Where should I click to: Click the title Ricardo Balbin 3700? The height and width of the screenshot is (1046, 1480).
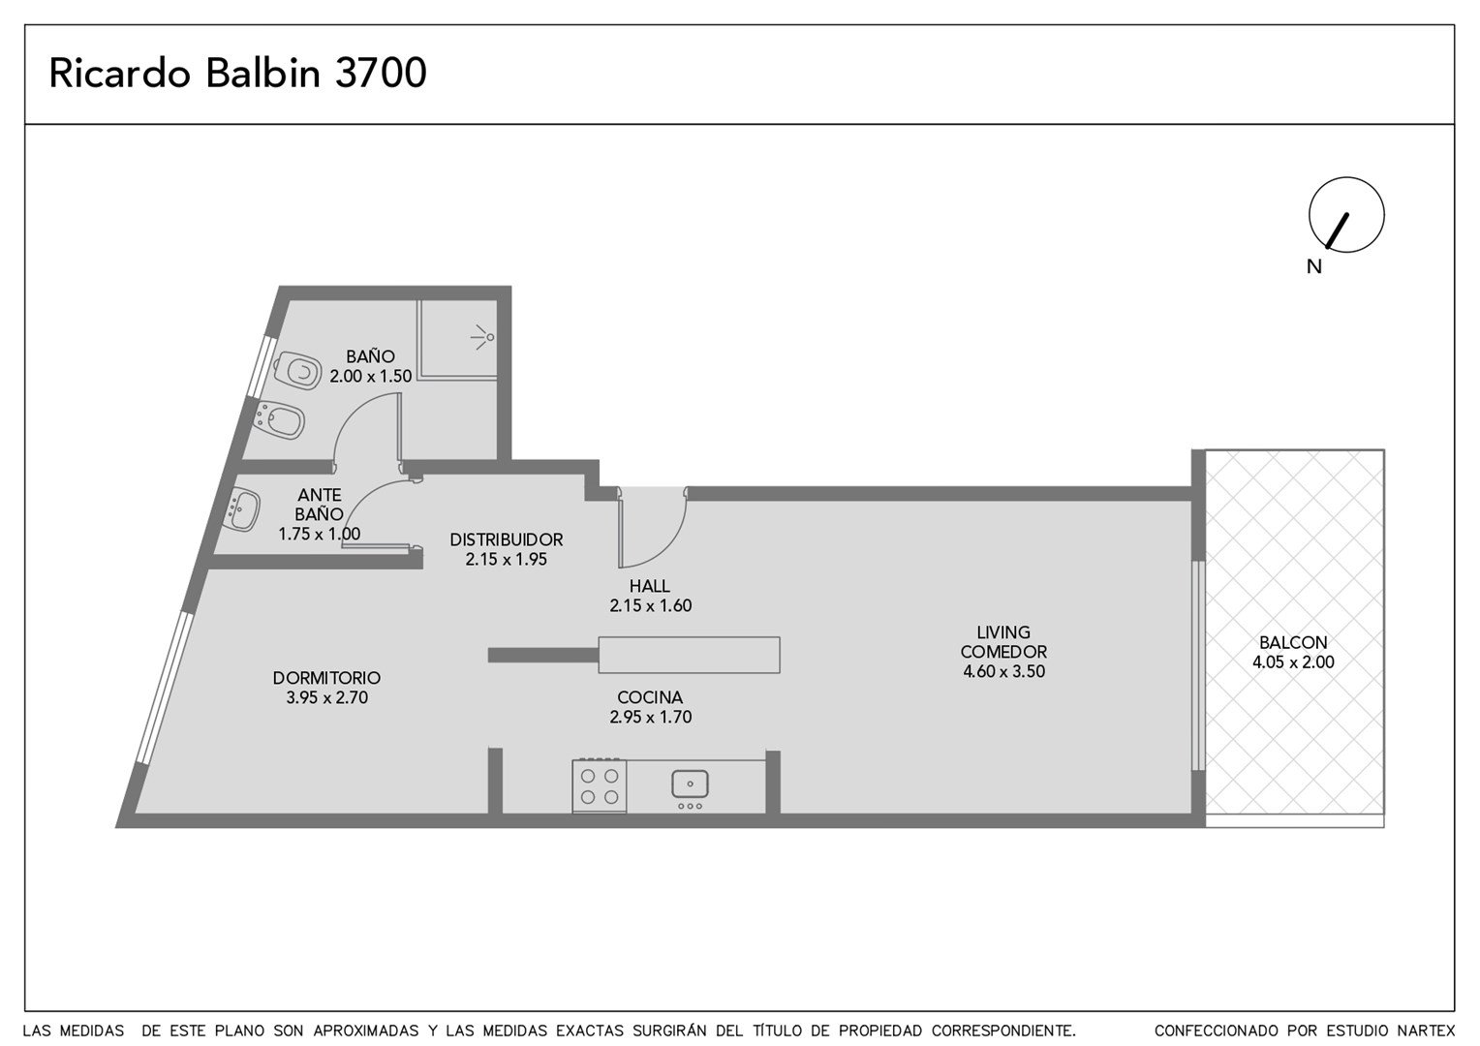coord(238,73)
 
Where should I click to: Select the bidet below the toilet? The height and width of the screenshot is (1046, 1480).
coord(280,420)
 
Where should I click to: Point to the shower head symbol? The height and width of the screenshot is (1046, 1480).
coord(483,338)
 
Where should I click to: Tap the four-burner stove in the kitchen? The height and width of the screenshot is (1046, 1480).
coord(600,785)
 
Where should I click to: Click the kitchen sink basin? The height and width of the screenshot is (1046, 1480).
coord(690,784)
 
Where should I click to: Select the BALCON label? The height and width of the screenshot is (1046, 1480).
coord(1293,642)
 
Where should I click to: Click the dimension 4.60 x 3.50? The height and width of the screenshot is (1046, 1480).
coord(1003,672)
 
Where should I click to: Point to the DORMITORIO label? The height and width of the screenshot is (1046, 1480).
coord(326,678)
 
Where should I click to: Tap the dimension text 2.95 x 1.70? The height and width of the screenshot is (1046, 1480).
coord(651,717)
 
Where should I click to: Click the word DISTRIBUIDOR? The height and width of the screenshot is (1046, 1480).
coord(507,539)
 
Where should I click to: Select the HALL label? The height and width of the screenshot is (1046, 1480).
coord(650,586)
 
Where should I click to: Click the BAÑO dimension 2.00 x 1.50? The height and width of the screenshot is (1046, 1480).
coord(371,376)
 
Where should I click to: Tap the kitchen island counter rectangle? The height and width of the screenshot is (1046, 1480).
coord(689,655)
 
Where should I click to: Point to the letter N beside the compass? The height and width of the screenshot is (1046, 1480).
coord(1314,267)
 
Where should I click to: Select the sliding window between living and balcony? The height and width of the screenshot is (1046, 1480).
coord(1197,665)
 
